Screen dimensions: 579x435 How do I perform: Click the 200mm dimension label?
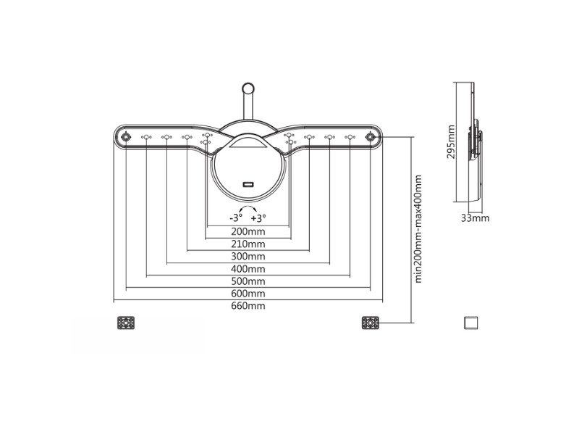coord(248,231)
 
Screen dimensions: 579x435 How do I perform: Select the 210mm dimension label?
coord(248,244)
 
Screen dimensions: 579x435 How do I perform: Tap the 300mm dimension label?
coord(248,257)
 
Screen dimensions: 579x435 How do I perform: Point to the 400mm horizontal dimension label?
coord(248,269)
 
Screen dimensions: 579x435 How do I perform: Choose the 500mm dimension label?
coord(248,281)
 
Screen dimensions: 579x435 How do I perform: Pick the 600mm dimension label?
coord(248,294)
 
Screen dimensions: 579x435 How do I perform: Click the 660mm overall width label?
coord(248,306)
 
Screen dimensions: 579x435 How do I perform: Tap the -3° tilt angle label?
coord(236,218)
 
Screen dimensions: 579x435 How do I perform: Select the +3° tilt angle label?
coord(258,218)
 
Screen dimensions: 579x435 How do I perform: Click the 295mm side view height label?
coord(451,141)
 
